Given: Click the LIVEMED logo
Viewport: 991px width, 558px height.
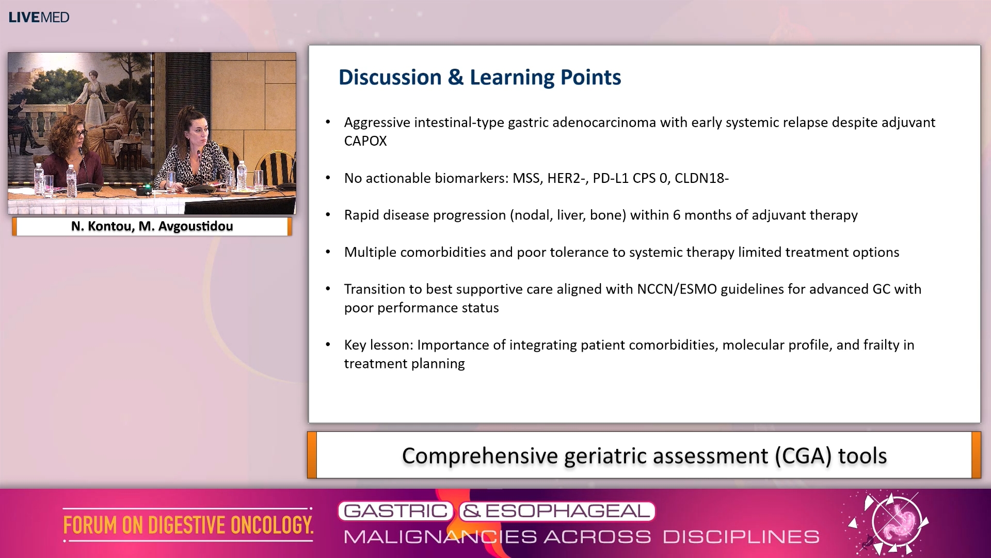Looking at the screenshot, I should [39, 17].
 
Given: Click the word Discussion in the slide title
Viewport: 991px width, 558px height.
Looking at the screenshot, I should [390, 78].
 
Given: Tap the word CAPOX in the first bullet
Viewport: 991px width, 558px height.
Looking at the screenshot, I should [365, 141].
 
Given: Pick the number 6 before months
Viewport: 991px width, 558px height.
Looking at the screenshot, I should [676, 215].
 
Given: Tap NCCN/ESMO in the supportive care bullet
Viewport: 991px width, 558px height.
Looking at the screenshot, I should [677, 289].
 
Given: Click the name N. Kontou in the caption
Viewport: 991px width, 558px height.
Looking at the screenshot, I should [101, 226].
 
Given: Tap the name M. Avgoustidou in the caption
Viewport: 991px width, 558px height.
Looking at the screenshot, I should [186, 226].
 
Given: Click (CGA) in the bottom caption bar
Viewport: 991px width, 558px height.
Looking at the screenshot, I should [803, 456].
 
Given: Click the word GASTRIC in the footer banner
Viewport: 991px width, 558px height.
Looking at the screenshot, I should [395, 511].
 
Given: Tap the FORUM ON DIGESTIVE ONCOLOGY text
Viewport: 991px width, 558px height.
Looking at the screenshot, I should [188, 525].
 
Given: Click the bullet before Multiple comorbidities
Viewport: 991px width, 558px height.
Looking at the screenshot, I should [328, 252].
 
